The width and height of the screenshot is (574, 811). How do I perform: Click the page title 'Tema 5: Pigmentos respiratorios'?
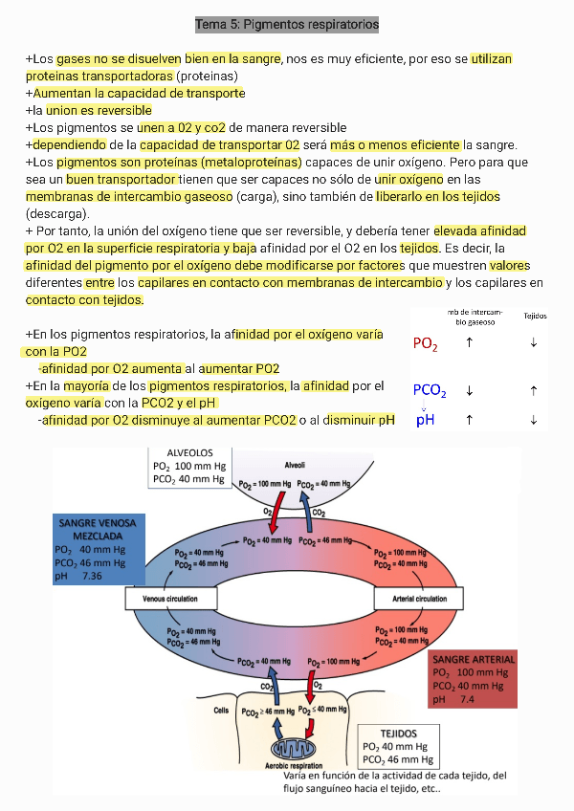[x=287, y=23]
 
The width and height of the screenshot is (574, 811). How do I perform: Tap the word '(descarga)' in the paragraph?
[x=58, y=213]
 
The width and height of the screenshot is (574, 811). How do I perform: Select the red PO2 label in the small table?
[x=426, y=344]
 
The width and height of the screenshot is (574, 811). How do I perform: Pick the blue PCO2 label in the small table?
[x=430, y=390]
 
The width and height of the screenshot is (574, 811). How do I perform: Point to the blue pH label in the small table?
[x=426, y=419]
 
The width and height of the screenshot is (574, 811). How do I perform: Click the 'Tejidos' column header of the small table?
[x=535, y=316]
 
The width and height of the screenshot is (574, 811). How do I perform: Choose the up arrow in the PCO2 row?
[x=533, y=390]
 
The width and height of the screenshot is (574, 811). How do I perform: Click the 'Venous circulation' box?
[x=170, y=599]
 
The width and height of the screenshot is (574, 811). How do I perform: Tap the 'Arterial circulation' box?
[x=420, y=599]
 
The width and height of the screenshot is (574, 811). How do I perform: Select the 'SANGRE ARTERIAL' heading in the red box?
[x=474, y=659]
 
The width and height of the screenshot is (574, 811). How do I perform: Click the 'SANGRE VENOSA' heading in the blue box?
[x=98, y=524]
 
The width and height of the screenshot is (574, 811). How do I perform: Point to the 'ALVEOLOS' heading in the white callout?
[x=189, y=452]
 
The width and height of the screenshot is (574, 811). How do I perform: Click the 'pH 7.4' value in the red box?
[x=453, y=699]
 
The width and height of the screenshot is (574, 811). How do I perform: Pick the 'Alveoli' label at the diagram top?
[x=295, y=465]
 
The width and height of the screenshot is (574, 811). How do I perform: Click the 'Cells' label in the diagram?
[x=221, y=711]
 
